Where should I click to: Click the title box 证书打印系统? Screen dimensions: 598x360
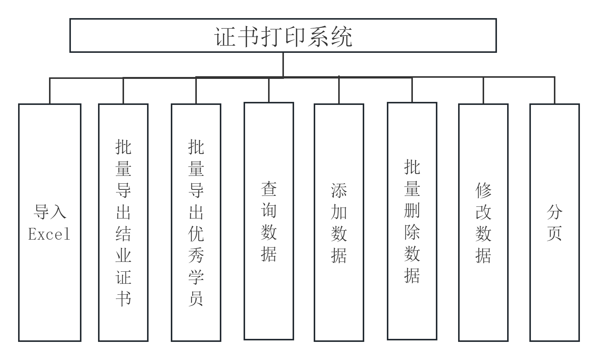pos(283,35)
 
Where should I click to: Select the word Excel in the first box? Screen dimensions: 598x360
pos(49,234)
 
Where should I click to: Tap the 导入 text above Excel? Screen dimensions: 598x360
pos(49,212)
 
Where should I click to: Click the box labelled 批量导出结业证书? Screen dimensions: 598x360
pos(123,222)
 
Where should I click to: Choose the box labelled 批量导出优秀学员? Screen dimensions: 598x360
pos(196,222)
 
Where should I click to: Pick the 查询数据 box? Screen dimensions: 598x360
pos(268,221)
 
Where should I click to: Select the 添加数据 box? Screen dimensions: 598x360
pos(339,222)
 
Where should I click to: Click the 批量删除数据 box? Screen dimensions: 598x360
pos(412,221)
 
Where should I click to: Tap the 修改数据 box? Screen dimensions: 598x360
pos(483,222)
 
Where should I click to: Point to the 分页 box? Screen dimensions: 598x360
pos(554,222)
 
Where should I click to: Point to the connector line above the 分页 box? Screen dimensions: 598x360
pos(554,91)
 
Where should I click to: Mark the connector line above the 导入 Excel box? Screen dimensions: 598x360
pos(50,91)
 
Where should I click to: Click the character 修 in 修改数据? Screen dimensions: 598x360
pos(483,191)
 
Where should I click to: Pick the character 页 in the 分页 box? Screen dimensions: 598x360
pos(554,234)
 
